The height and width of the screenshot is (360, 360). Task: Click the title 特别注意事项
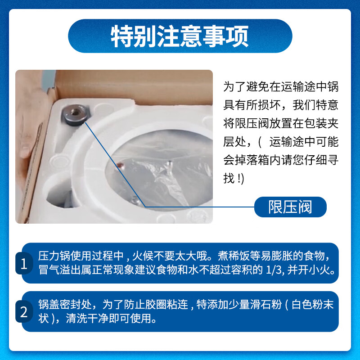pos(180,36)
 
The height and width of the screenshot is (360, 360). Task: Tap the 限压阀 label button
pos(290,207)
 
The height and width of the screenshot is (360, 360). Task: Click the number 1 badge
pos(24,263)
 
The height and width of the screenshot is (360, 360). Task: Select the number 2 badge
pos(24,311)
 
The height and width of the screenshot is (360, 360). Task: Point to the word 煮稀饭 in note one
pos(234,256)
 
